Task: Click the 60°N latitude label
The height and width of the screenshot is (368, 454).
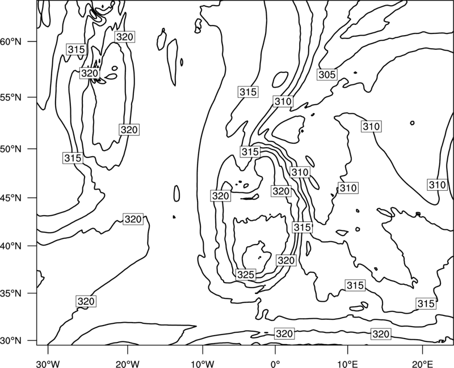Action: (11, 42)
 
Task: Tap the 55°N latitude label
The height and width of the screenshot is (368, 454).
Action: (11, 97)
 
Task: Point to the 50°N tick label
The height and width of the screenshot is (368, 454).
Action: (11, 149)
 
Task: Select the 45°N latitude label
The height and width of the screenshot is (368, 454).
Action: (11, 198)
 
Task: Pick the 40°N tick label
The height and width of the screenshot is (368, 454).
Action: (11, 246)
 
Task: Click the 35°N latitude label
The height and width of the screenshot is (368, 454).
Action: (11, 293)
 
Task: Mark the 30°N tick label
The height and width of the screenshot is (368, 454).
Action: (11, 341)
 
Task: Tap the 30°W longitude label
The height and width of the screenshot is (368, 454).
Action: (48, 363)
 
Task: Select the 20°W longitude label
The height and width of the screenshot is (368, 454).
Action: (127, 363)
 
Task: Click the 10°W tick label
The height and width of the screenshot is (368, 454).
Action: (203, 363)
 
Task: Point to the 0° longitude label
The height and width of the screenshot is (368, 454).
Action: (275, 363)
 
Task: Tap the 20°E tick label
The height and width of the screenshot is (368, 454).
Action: (422, 363)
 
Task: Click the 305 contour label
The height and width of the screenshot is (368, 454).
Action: (327, 75)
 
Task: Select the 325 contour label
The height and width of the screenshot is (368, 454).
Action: (246, 275)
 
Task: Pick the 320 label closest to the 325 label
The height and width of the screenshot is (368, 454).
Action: (286, 260)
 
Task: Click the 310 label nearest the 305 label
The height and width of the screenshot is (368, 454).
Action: (283, 101)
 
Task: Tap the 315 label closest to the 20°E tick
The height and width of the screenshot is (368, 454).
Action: (426, 303)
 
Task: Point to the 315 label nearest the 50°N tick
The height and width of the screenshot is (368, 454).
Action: (73, 158)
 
